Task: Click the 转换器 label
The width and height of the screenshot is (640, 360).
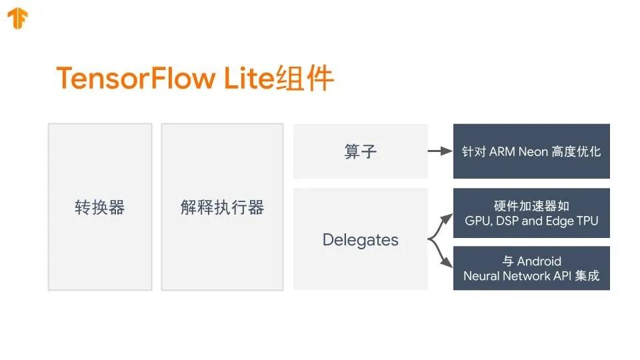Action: (x=100, y=207)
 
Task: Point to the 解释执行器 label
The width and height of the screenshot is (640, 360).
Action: (x=222, y=207)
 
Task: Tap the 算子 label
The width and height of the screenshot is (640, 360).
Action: (x=361, y=151)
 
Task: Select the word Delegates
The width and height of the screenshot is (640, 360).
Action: (x=361, y=240)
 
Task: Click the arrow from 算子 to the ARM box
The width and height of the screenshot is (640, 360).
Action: (x=439, y=151)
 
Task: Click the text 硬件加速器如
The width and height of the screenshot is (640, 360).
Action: (x=531, y=206)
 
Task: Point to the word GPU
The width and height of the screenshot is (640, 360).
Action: (x=477, y=221)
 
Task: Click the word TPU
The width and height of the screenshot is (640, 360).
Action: (x=587, y=221)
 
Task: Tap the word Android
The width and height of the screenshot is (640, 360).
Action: (x=539, y=261)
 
